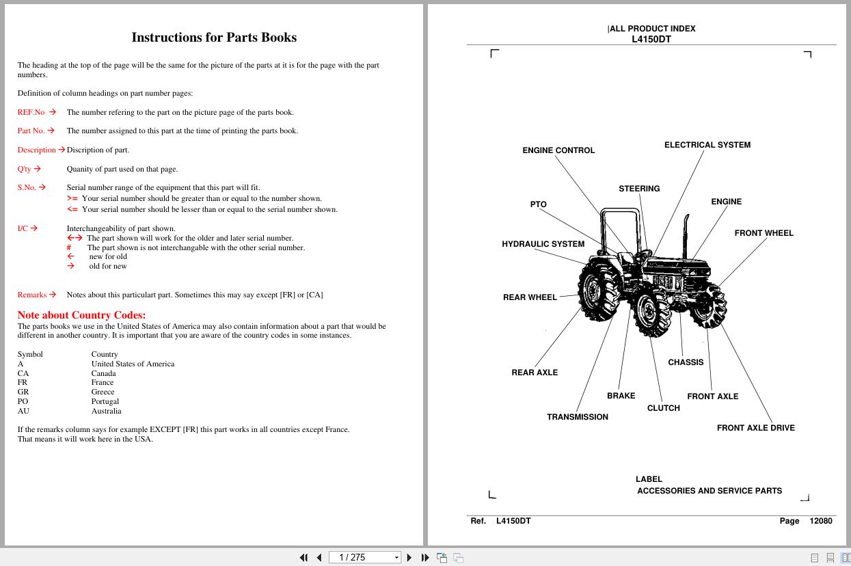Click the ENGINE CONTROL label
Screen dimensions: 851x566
coord(558,150)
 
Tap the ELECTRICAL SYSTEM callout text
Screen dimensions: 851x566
coord(707,145)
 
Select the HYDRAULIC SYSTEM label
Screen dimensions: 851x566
coord(543,244)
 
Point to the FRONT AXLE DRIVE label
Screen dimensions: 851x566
coord(755,428)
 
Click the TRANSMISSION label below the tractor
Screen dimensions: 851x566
coord(578,417)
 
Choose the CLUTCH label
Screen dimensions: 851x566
coord(663,408)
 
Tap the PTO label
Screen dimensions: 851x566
coord(539,204)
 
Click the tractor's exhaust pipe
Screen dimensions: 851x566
coord(686,237)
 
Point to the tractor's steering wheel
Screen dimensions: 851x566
coord(645,253)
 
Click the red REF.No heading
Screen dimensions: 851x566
coord(31,112)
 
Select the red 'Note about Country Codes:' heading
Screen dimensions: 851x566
coord(81,315)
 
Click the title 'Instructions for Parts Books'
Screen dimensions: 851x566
coord(214,37)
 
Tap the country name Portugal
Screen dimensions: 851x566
coord(105,401)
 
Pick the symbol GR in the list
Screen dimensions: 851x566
coord(23,392)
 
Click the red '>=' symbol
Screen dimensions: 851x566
coord(72,198)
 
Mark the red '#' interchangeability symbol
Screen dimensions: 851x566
coord(69,247)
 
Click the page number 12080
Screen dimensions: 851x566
coord(821,521)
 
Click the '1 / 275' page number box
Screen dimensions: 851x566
coord(365,557)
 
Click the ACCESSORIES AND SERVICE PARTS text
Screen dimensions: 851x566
coord(710,491)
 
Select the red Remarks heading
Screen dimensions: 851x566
coord(32,295)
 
